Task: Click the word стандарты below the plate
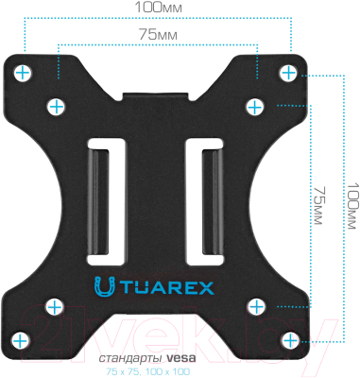pyautogui.click(x=129, y=359)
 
